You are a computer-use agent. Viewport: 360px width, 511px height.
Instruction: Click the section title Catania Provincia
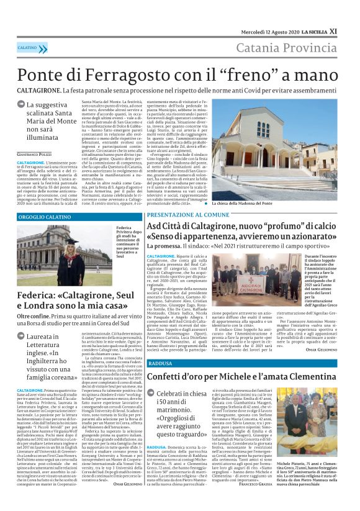(294, 48)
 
